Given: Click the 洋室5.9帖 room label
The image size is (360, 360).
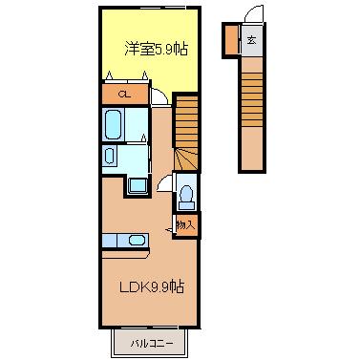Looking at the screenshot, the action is [156, 50].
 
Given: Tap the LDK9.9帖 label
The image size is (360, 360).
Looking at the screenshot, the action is [152, 286].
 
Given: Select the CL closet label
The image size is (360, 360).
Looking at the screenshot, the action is [124, 95].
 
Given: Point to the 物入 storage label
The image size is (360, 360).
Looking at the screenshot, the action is [185, 225].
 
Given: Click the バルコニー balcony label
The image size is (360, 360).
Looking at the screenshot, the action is [152, 344].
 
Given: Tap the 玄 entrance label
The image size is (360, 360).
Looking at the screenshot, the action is [252, 40].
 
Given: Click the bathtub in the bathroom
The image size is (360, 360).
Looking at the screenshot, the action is [113, 124].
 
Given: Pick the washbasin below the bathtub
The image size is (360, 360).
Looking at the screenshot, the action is [110, 157].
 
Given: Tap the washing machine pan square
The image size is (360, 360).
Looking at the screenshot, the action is [138, 185].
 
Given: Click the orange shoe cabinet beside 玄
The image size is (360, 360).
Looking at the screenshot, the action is [231, 41].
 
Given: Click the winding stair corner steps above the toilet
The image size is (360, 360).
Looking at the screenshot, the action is [186, 159].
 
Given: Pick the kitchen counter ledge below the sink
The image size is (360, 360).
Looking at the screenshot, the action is [126, 254].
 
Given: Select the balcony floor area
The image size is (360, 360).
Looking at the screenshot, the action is [150, 344].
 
